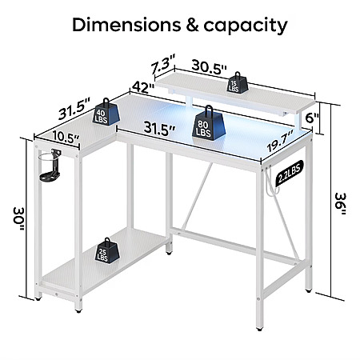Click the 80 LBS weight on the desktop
coord(209,123)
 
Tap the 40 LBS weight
coord(106,112)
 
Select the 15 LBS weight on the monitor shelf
coord(237,82)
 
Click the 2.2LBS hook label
coord(290,173)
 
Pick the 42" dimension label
coord(143,87)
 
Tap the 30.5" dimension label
coord(209,67)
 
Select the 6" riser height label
coord(312,118)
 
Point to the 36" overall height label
coord(340,204)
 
